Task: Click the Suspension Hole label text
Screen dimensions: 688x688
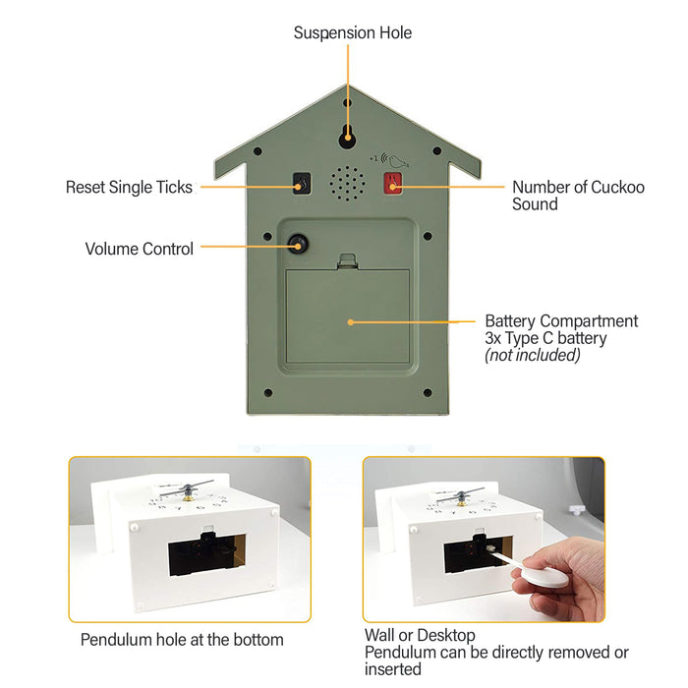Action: (x=352, y=33)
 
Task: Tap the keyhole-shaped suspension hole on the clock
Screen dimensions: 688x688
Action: (x=348, y=136)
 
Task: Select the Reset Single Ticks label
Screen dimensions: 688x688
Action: (x=129, y=187)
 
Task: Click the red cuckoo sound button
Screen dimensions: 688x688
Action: (x=392, y=183)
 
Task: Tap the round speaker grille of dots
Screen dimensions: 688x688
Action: (x=347, y=182)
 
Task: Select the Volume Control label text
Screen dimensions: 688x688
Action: (x=139, y=249)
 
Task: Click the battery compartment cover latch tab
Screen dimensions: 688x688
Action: (x=347, y=261)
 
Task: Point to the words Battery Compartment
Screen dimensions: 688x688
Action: (x=561, y=321)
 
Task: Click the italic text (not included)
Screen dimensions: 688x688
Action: (x=533, y=355)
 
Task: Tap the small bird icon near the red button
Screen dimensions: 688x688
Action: (x=399, y=159)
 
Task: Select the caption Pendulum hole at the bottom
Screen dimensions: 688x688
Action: (x=182, y=640)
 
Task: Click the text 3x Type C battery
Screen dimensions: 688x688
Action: (x=545, y=338)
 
